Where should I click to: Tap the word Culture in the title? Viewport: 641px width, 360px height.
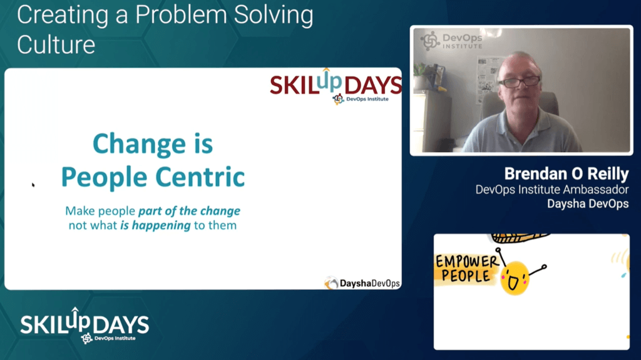pos(56,44)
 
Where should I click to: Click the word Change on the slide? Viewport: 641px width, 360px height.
pos(140,144)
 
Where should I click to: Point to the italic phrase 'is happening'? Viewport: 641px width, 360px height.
pos(155,225)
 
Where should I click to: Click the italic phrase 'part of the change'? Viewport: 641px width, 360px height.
pos(189,211)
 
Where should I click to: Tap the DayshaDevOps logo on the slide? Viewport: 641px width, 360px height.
pos(362,283)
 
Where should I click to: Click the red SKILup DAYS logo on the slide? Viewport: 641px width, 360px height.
pos(336,85)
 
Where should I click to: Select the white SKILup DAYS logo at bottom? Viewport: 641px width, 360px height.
pos(85,325)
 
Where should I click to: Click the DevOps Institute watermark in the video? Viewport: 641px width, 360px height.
pos(451,41)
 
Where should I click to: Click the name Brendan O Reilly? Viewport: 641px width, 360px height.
pos(566,173)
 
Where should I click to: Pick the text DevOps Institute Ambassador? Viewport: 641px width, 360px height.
pos(552,190)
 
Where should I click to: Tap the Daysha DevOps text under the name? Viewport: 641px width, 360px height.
pos(588,203)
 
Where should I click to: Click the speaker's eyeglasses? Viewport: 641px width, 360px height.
pos(519,82)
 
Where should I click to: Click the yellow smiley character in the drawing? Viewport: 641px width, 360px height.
pos(515,278)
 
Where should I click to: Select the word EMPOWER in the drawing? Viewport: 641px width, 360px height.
pos(467,262)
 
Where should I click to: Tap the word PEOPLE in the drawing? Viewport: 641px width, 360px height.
pos(466,276)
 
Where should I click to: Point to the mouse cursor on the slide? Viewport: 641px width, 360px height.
pos(33,185)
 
